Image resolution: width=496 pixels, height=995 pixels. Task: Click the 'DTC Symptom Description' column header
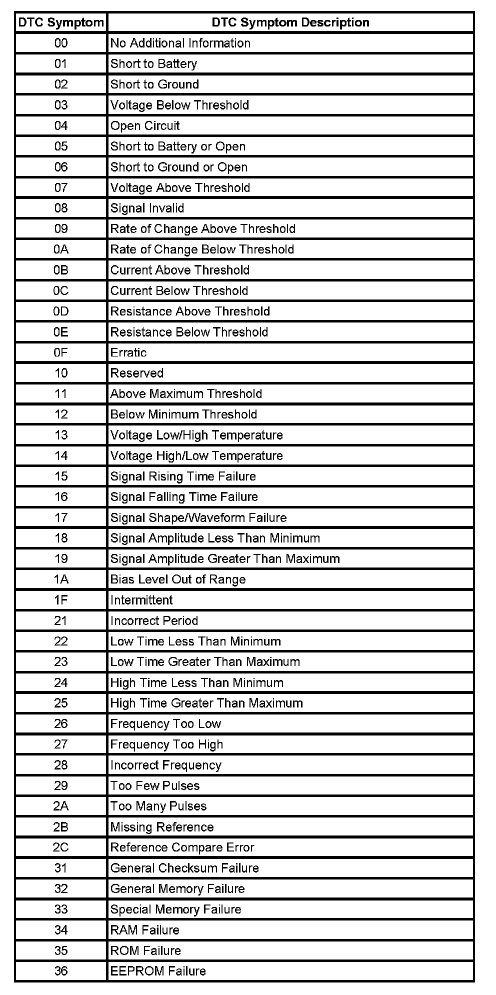tap(290, 22)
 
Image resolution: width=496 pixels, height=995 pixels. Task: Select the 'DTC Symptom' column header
tap(61, 22)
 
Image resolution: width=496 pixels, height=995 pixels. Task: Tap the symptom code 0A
tap(61, 249)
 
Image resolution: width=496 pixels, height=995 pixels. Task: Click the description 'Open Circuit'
tap(144, 126)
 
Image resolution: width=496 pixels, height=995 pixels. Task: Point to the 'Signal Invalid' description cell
tap(147, 208)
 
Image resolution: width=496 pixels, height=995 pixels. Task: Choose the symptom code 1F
tap(61, 600)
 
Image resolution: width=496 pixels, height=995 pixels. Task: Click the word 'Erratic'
tap(128, 352)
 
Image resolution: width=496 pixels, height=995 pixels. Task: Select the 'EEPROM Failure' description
tap(158, 971)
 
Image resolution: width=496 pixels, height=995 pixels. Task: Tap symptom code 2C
tap(61, 847)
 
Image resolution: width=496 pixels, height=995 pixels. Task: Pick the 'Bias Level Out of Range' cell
tap(178, 579)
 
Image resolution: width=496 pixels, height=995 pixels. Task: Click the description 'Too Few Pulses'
tap(155, 785)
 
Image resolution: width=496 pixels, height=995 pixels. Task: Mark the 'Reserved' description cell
tap(136, 373)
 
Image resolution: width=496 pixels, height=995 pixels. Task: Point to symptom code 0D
tap(61, 311)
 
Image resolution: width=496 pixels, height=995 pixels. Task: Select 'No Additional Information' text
tap(180, 43)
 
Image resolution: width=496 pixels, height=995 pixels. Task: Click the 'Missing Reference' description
tap(162, 827)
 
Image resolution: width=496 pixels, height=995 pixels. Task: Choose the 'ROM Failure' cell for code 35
tap(145, 950)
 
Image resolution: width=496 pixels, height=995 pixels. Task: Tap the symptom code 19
tap(61, 559)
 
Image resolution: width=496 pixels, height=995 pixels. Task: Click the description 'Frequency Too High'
tap(166, 744)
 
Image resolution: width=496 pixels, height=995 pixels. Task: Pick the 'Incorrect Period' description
tap(154, 621)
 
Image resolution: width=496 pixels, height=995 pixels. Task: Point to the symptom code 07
tap(61, 188)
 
